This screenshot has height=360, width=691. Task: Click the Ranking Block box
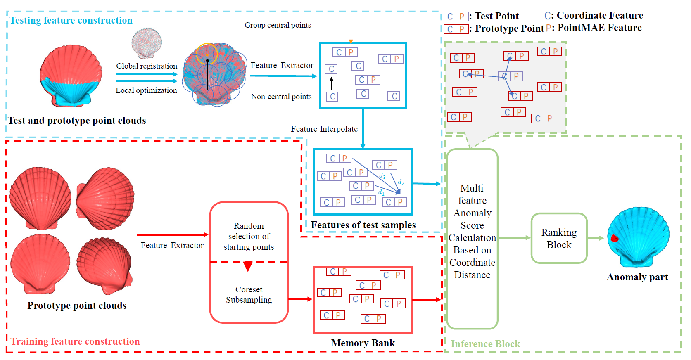(x=559, y=238)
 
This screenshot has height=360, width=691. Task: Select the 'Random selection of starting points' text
(x=249, y=237)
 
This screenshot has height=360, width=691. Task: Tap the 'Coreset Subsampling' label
(x=249, y=295)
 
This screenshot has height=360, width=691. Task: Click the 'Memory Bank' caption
(x=363, y=343)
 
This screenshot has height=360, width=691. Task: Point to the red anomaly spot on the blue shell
(x=615, y=238)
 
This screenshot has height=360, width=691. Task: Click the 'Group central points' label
(x=278, y=25)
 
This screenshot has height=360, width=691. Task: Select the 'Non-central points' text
(x=281, y=97)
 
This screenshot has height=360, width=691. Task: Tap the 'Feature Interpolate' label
(x=324, y=129)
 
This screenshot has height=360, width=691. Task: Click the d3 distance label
(x=382, y=176)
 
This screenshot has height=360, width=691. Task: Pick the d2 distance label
(x=401, y=182)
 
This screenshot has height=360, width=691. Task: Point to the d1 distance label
(x=381, y=192)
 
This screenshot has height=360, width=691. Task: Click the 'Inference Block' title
(x=485, y=344)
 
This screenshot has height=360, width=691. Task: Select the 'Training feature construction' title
(x=75, y=341)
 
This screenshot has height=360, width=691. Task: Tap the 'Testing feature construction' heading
(x=71, y=20)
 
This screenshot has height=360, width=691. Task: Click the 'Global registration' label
(x=147, y=66)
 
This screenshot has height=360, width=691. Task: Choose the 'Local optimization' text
(x=146, y=90)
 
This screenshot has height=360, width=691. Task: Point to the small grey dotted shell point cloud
(x=147, y=43)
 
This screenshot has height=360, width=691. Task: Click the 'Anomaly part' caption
(x=637, y=277)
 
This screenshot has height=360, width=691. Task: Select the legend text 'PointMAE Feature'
(x=599, y=28)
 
